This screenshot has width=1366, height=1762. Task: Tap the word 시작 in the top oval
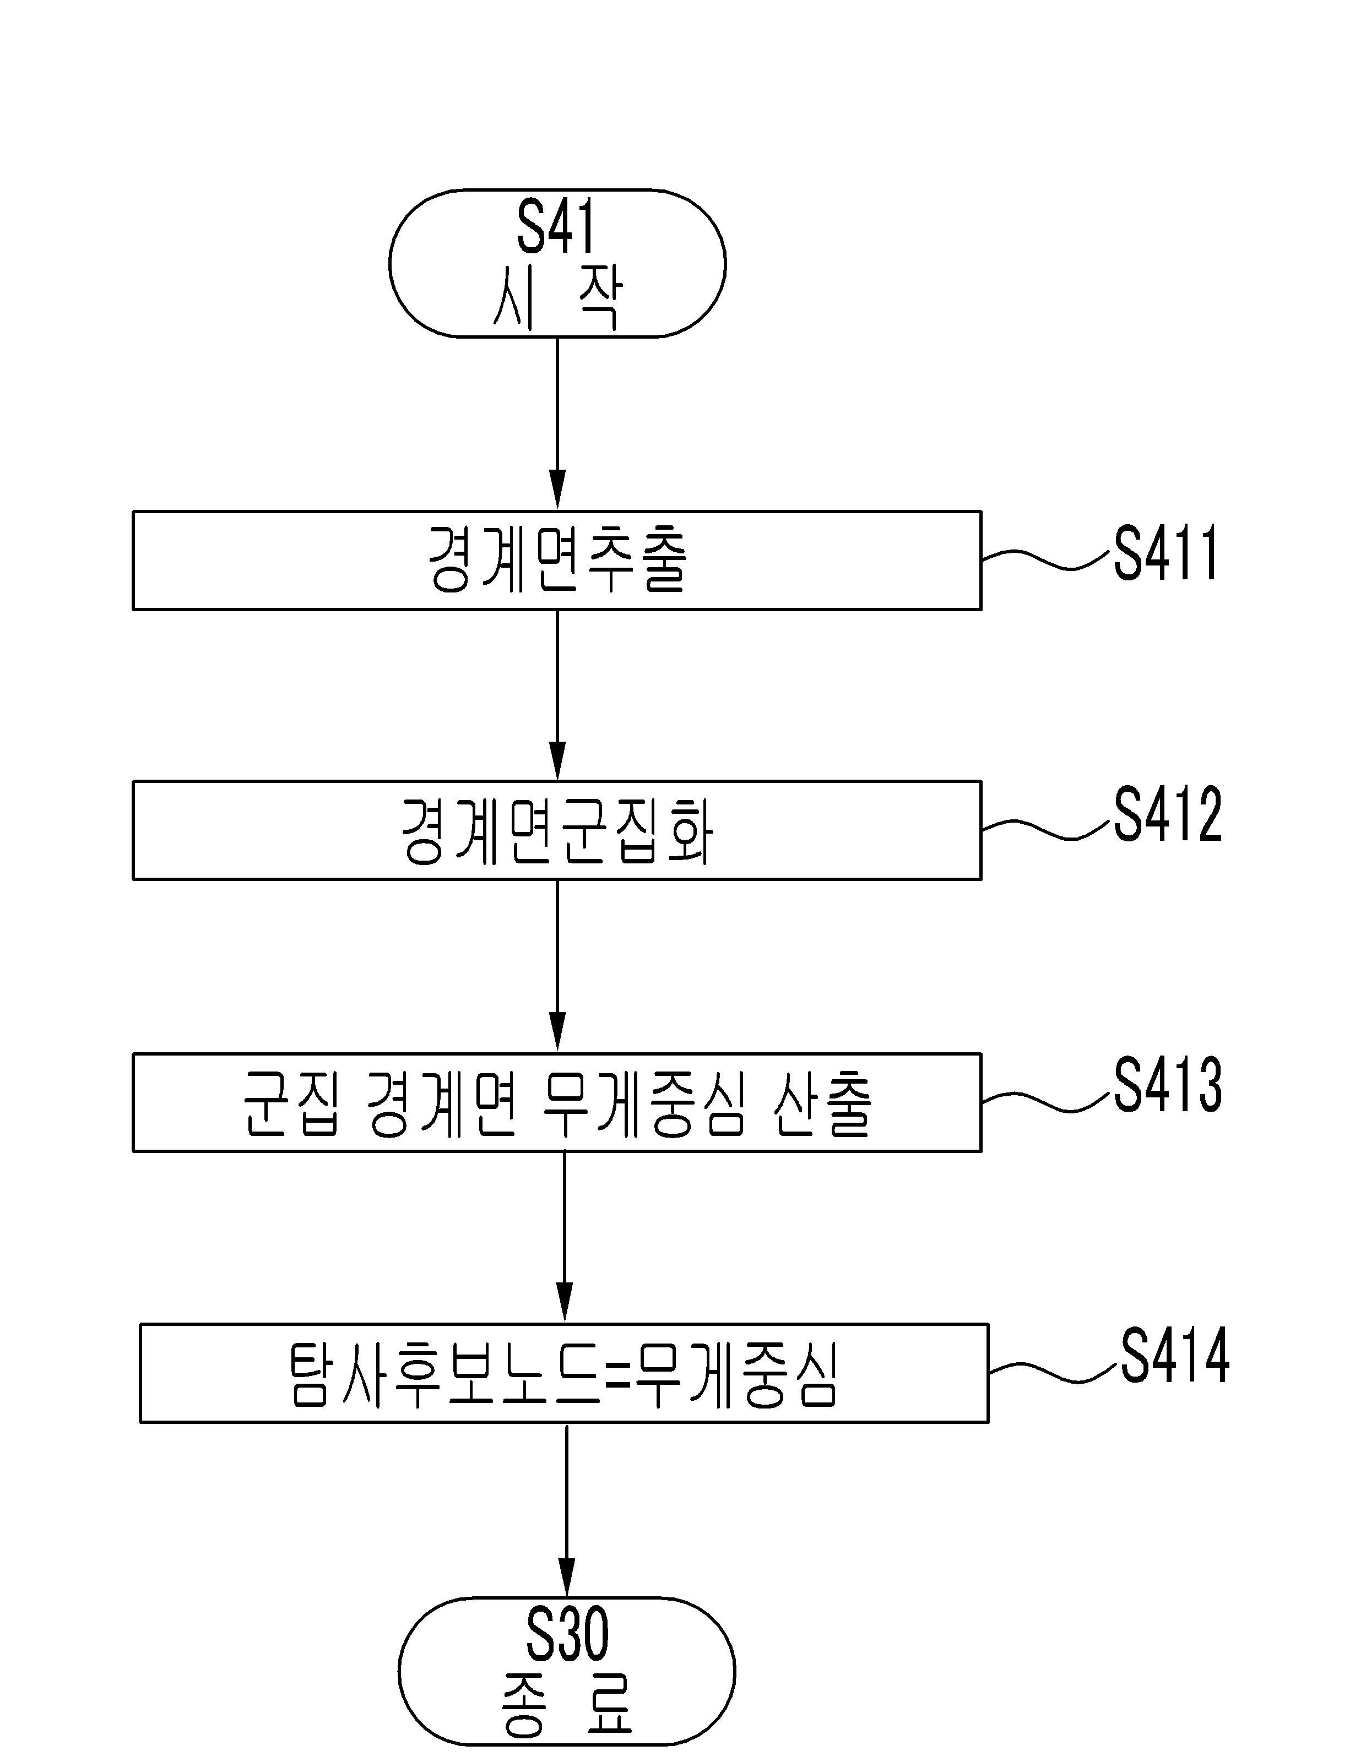point(557,298)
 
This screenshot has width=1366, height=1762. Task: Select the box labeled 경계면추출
point(557,560)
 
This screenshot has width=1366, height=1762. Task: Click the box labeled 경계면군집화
point(557,830)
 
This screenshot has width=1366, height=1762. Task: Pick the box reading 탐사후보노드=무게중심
point(564,1373)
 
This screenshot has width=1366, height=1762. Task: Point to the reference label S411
point(1166,553)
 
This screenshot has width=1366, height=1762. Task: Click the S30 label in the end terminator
point(566,1634)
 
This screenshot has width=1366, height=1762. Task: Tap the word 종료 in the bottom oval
point(566,1705)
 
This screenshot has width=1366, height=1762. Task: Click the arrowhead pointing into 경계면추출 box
point(557,491)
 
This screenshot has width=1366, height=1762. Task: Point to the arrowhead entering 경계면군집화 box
point(557,762)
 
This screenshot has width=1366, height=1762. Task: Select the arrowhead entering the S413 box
point(557,1034)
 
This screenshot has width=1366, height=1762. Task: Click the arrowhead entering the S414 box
point(565,1304)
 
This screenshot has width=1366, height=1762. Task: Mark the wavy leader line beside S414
point(1054,1372)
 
